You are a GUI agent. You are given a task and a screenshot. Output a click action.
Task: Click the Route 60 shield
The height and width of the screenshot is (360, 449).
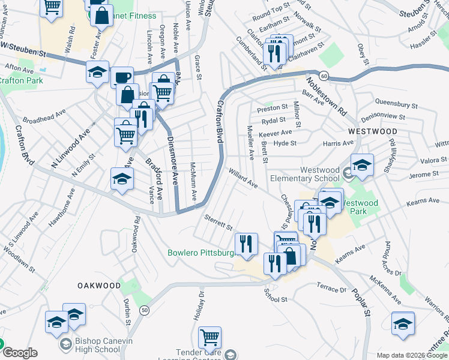tap(324, 75)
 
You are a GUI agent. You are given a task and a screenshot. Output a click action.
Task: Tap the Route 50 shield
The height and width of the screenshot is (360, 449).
tap(145, 310)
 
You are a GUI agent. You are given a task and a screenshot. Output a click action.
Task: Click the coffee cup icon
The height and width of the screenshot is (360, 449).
tap(122, 77)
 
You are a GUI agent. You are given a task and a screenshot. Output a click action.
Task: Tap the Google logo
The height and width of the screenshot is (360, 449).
tap(19, 353)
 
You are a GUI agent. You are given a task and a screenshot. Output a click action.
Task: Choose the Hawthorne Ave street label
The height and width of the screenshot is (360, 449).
tap(63, 207)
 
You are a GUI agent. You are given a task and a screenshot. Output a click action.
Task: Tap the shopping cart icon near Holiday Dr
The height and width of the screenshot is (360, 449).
tap(209, 338)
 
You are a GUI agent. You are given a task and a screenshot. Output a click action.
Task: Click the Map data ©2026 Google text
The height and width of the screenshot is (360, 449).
tap(412, 355)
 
